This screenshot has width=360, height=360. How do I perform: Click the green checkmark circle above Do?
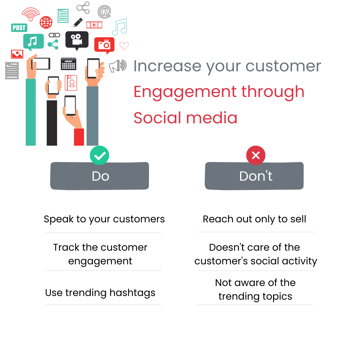tap(99, 155)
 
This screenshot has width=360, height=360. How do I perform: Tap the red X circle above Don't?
tap(256, 155)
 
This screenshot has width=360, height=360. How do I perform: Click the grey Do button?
tap(100, 176)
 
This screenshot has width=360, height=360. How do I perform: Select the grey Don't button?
tap(254, 176)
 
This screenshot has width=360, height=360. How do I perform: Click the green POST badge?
tap(19, 28)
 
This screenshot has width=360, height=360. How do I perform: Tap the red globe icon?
tap(46, 22)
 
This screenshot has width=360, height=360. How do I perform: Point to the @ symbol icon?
tap(104, 12)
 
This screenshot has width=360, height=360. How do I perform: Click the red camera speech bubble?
tap(104, 45)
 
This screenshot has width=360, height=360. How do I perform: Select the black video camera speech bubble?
tap(77, 40)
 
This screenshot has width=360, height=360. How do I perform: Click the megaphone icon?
tap(118, 66)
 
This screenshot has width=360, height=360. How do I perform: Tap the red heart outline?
tap(124, 46)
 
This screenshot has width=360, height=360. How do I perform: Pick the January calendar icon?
tap(68, 64)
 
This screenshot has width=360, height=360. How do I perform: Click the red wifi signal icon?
tap(31, 14)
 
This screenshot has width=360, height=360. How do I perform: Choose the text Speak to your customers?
tap(104, 219)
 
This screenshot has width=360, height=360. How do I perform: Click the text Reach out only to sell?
tap(254, 219)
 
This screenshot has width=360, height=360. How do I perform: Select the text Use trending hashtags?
tap(100, 293)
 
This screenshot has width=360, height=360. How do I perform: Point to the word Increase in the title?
tap(167, 66)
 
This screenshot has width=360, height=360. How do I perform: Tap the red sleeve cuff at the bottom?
tap(79, 137)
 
